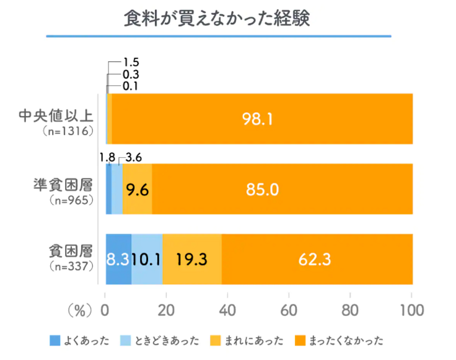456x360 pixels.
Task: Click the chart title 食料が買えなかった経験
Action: pyautogui.click(x=216, y=18)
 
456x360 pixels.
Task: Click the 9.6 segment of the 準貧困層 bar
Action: pyautogui.click(x=138, y=189)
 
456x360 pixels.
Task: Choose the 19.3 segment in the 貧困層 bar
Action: pyautogui.click(x=191, y=259)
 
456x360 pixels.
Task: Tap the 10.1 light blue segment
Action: pyautogui.click(x=147, y=259)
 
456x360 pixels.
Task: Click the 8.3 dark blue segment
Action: pyautogui.click(x=118, y=259)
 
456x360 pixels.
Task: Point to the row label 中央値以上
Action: pyautogui.click(x=56, y=115)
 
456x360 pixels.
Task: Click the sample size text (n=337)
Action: pyautogui.click(x=71, y=267)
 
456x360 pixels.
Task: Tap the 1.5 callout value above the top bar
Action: pyautogui.click(x=131, y=62)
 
